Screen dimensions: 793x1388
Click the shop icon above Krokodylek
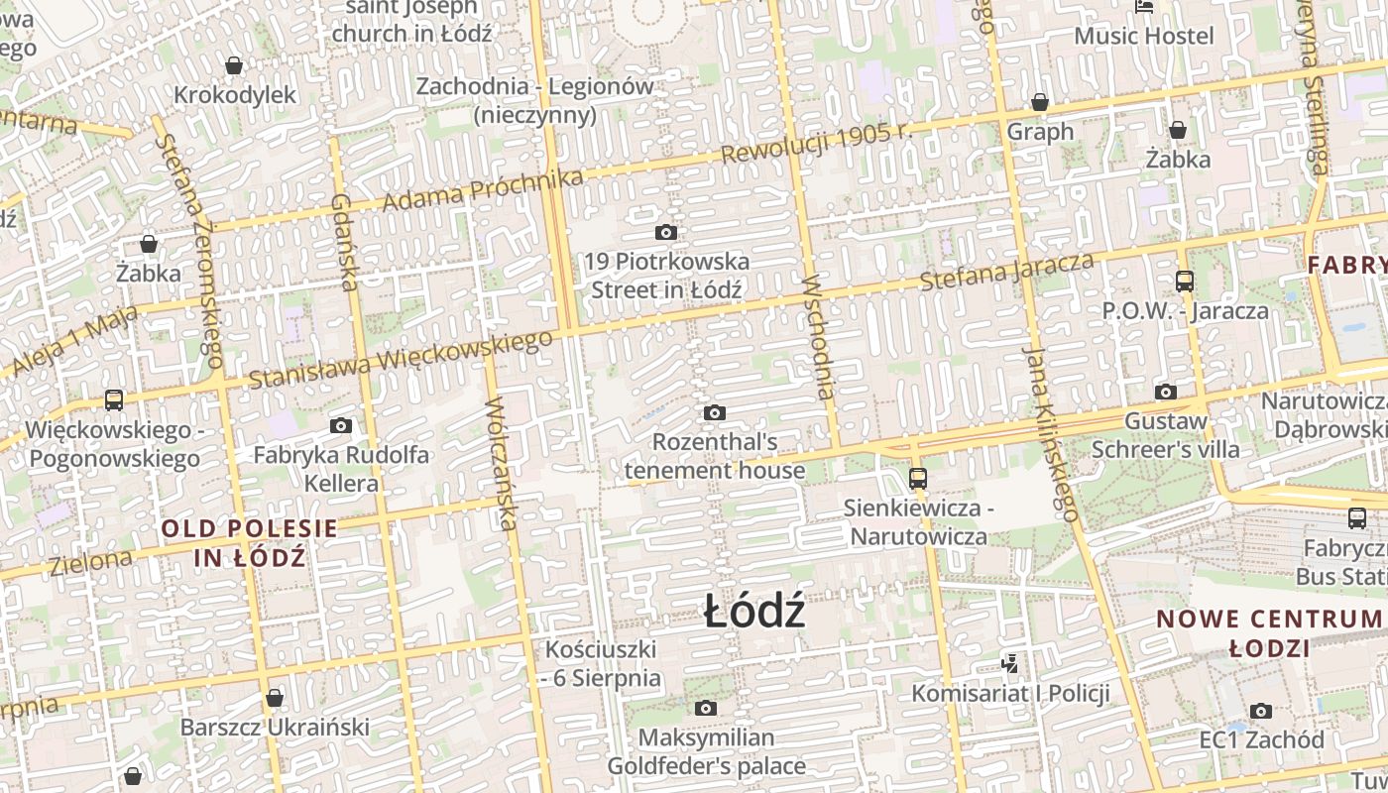coord(234,66)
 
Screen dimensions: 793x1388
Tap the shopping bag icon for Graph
coord(1040,102)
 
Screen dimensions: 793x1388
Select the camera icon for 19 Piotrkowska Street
coord(666,233)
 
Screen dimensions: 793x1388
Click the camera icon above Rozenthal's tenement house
coord(714,412)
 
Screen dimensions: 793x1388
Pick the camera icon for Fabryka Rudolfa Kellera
coord(341,426)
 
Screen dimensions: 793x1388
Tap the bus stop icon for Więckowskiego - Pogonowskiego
coord(114,400)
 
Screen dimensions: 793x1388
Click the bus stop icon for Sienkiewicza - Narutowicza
coord(917,479)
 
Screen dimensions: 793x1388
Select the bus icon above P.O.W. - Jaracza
coord(1185,282)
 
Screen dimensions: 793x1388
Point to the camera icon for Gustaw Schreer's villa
coord(1166,392)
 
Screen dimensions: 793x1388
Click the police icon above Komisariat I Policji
coord(1010,663)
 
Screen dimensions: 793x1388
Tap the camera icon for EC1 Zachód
coord(1261,711)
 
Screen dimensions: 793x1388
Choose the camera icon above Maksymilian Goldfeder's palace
coord(706,708)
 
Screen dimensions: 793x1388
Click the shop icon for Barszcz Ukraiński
coord(275,698)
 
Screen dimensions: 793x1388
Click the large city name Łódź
coord(753,612)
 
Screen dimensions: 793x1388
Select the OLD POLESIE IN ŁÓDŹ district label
coord(250,542)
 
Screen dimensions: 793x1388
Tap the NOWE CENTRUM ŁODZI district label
coord(1269,633)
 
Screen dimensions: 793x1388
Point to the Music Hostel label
coord(1144,36)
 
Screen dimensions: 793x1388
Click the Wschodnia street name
coord(820,336)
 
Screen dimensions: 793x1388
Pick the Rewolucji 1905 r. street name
coord(815,145)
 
